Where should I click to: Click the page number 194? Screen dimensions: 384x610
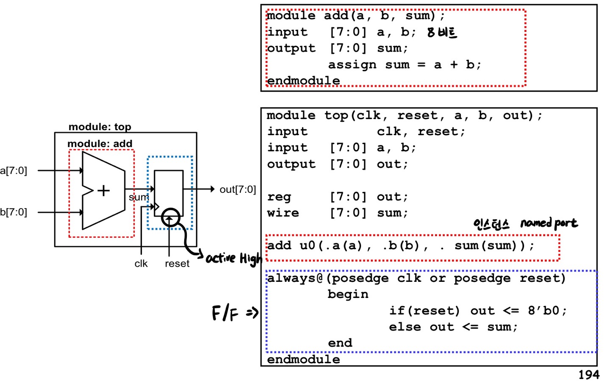(x=589, y=375)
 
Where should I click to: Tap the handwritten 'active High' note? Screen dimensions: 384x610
(x=234, y=258)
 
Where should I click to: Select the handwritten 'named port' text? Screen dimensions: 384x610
(x=549, y=223)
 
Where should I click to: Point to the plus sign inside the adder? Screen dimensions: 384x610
(x=103, y=191)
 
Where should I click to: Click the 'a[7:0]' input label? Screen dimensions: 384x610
(x=14, y=171)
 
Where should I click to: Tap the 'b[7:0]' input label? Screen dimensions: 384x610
(x=14, y=212)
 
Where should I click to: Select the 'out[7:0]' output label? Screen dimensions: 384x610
(x=238, y=189)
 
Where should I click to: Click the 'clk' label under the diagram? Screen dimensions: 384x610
(x=141, y=264)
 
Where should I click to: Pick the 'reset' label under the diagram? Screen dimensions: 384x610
(x=177, y=264)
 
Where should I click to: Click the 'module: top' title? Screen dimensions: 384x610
(x=100, y=127)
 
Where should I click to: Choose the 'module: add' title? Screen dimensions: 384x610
(x=100, y=144)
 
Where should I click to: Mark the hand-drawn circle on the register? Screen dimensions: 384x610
(x=170, y=217)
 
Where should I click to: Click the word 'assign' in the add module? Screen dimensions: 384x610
(x=352, y=65)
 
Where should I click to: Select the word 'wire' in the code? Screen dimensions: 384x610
(x=283, y=213)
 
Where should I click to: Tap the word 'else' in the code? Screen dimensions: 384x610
(x=405, y=327)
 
